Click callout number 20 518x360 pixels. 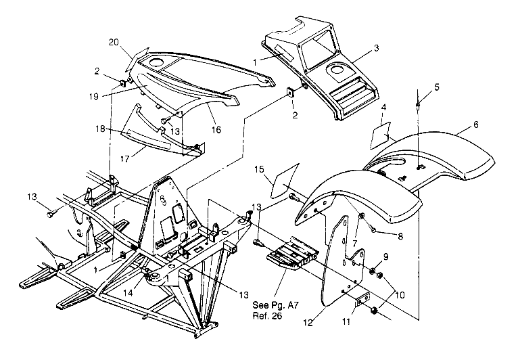114,43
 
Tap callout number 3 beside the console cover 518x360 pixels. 376,48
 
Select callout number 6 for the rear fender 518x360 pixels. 475,125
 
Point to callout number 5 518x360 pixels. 437,87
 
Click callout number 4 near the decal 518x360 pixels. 383,108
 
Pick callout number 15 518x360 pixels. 259,170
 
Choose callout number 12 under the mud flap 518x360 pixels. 308,322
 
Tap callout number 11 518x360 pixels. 346,321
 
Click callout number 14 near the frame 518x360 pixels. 128,292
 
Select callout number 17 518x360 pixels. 124,159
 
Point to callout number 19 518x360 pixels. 94,97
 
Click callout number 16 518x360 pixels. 216,130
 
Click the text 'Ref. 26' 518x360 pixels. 268,316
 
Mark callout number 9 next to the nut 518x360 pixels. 385,257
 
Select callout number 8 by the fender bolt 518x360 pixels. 400,236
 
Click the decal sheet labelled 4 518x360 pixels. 381,135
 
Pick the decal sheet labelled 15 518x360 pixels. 285,181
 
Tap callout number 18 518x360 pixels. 101,129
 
